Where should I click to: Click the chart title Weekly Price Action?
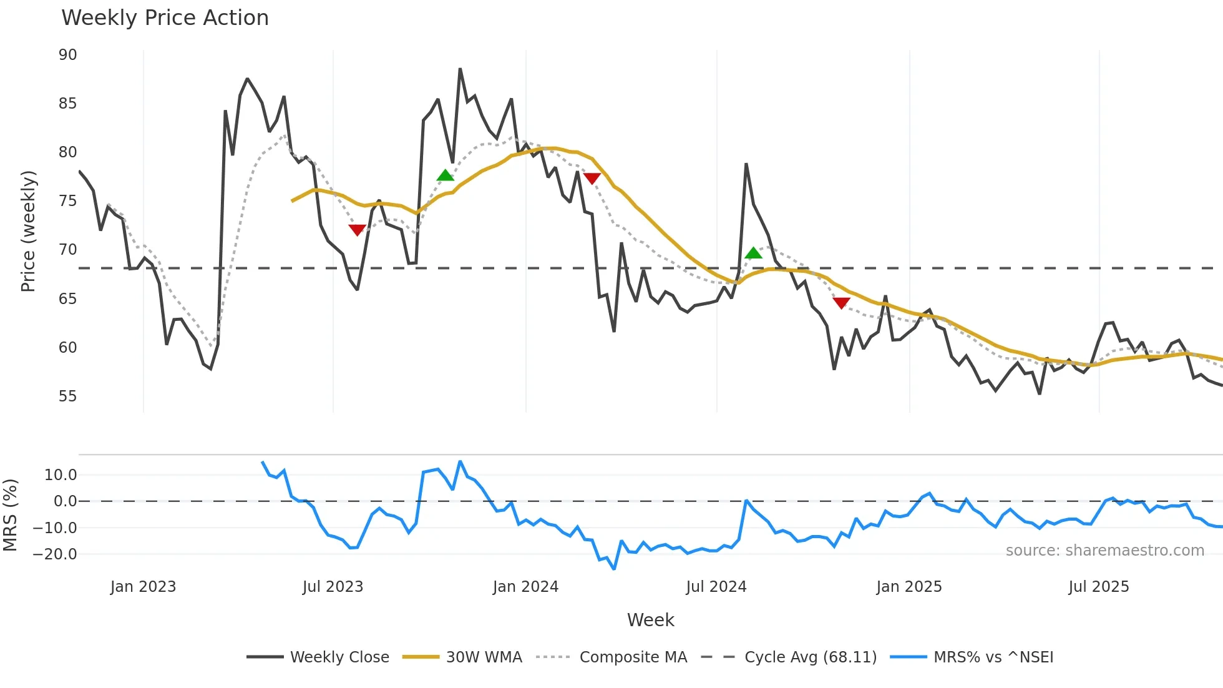(165, 18)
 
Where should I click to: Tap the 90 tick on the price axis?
(68, 55)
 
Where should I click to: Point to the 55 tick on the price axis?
(68, 396)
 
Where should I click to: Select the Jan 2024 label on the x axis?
(525, 587)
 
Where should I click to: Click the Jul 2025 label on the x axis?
(1099, 587)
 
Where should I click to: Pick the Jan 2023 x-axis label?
(144, 587)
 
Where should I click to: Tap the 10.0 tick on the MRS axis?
(61, 475)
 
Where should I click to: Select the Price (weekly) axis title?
(29, 231)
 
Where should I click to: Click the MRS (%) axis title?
(11, 515)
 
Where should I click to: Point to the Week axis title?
(650, 620)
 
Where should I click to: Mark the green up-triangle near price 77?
(446, 175)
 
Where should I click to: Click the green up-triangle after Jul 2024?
(753, 253)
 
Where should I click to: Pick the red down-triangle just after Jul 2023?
(357, 230)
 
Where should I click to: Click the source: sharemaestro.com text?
(1104, 551)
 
